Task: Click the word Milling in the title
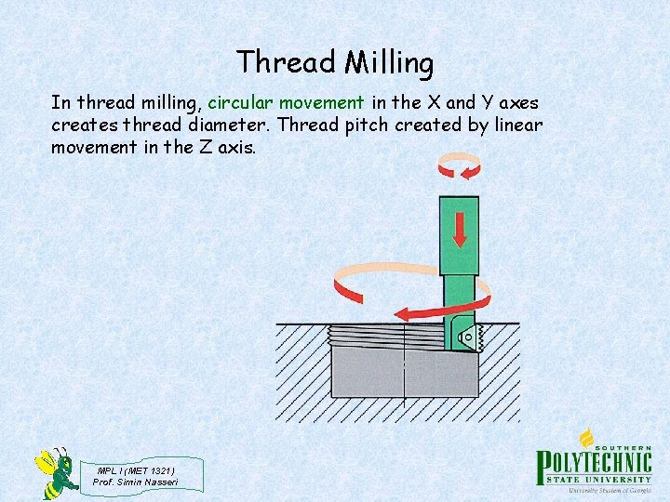point(389,63)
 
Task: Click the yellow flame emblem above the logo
point(586,437)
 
